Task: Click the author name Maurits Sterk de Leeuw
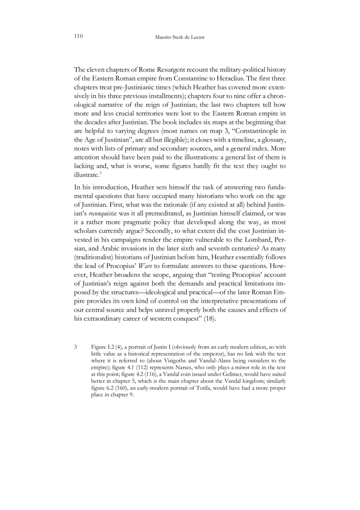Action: [180, 39]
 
